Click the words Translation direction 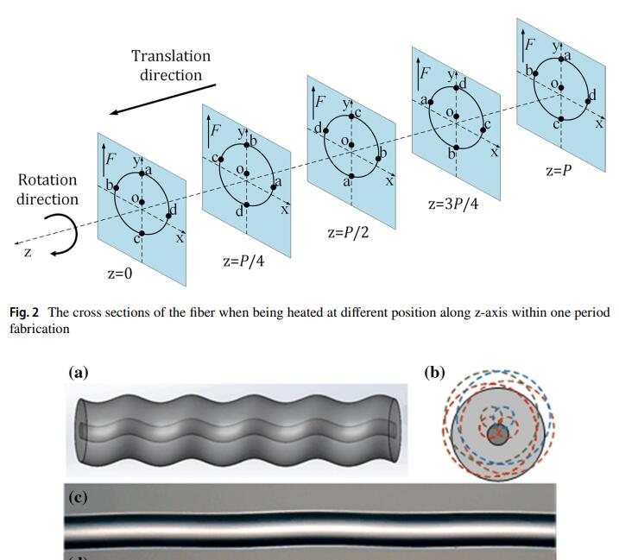pyautogui.click(x=171, y=66)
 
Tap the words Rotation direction pyautogui.click(x=47, y=190)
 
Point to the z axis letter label pyautogui.click(x=28, y=253)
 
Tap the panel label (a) pyautogui.click(x=79, y=373)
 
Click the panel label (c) pyautogui.click(x=79, y=497)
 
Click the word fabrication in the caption pyautogui.click(x=38, y=329)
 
